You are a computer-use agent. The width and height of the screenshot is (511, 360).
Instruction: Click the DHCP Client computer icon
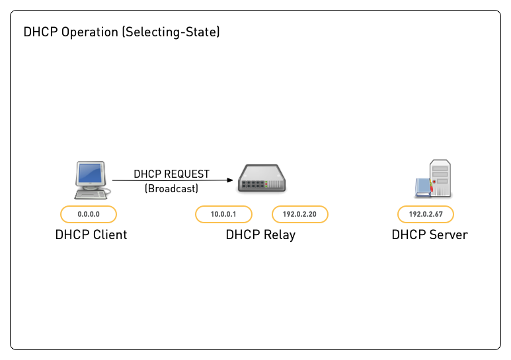pos(91,180)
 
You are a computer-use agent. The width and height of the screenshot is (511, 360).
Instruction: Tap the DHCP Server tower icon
pos(435,178)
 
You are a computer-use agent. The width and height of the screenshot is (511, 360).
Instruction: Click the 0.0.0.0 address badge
pos(89,214)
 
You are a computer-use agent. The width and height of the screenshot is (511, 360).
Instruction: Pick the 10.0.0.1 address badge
pos(223,214)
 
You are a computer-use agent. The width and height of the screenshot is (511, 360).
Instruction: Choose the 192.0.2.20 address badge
pos(299,214)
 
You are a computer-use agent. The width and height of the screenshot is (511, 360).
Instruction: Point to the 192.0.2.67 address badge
pos(426,214)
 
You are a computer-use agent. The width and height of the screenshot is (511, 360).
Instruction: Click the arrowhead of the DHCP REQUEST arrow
pos(229,180)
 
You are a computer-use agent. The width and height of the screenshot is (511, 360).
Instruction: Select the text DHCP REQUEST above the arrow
pos(171,174)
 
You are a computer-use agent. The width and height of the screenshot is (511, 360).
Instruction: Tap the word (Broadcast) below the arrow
pos(171,188)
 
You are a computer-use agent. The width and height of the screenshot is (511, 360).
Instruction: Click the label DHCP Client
pos(91,234)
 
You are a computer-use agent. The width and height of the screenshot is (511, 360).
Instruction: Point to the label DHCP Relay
pos(260,234)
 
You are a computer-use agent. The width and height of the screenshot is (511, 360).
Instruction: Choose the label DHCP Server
pos(430,234)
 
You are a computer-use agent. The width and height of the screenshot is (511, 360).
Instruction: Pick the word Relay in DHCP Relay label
pos(279,234)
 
